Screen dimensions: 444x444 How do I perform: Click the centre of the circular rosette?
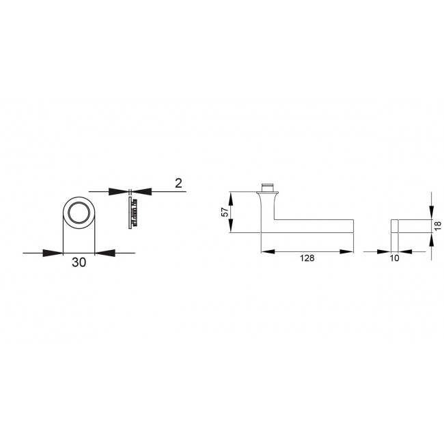coord(78,213)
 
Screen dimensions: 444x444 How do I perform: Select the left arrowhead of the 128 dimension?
coord(268,252)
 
